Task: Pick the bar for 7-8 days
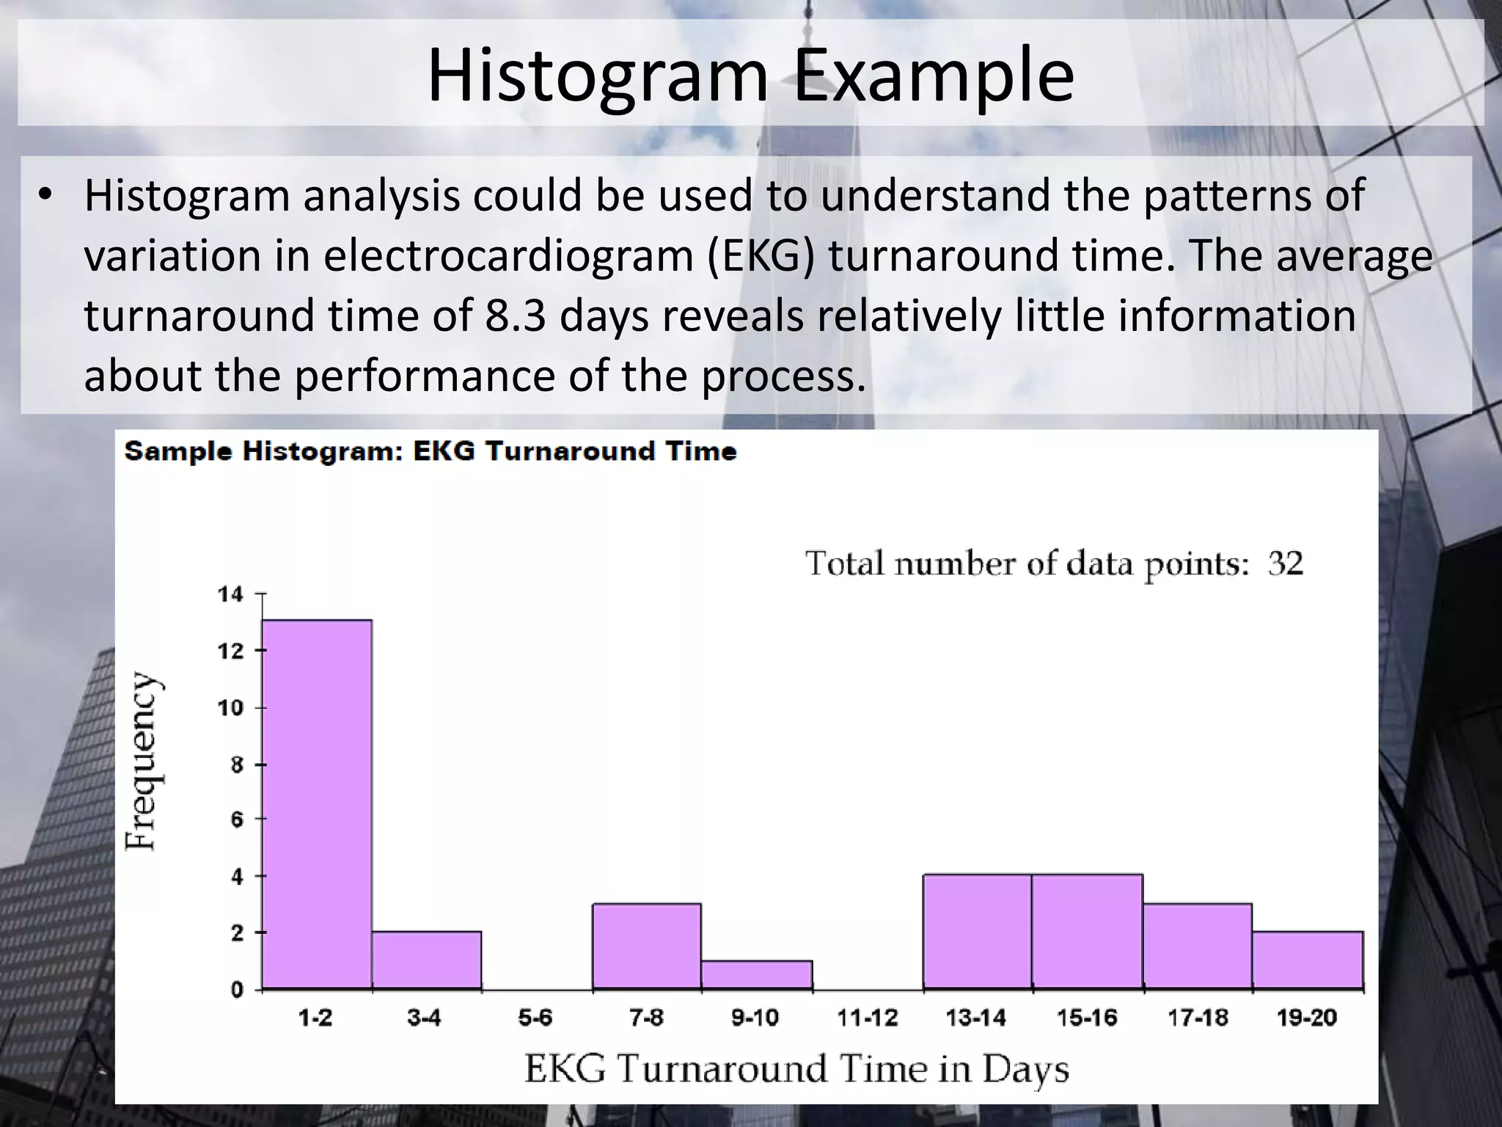point(647,947)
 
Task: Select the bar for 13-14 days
point(978,932)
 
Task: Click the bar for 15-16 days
point(1088,932)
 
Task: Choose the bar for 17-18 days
point(1198,947)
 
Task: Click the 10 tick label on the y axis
point(230,708)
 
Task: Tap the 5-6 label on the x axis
point(535,1018)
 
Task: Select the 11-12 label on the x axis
point(868,1018)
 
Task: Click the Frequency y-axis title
point(141,762)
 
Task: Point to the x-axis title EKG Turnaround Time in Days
point(796,1069)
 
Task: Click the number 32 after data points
point(1286,563)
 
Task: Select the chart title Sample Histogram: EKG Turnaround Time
point(431,451)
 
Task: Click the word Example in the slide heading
point(934,75)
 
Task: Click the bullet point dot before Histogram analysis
point(46,195)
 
